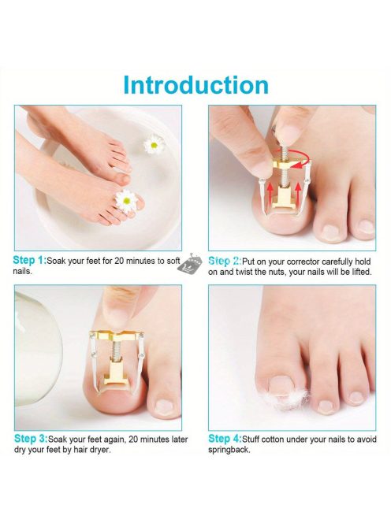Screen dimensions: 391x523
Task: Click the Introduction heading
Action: tap(195, 85)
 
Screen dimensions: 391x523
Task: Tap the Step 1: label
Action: tap(30, 261)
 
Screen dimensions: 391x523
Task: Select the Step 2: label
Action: tap(225, 261)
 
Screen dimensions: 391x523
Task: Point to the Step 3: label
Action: tap(31, 439)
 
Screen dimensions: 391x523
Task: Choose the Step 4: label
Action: tap(225, 439)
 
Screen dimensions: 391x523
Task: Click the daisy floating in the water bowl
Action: tap(154, 144)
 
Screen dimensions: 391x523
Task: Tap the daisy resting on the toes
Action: tap(126, 201)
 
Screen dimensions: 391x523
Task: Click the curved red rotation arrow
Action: tap(295, 158)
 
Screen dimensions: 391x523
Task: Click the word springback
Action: tap(229, 450)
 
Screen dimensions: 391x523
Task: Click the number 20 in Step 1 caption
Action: tap(119, 261)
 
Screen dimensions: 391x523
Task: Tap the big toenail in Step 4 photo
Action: tap(281, 384)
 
